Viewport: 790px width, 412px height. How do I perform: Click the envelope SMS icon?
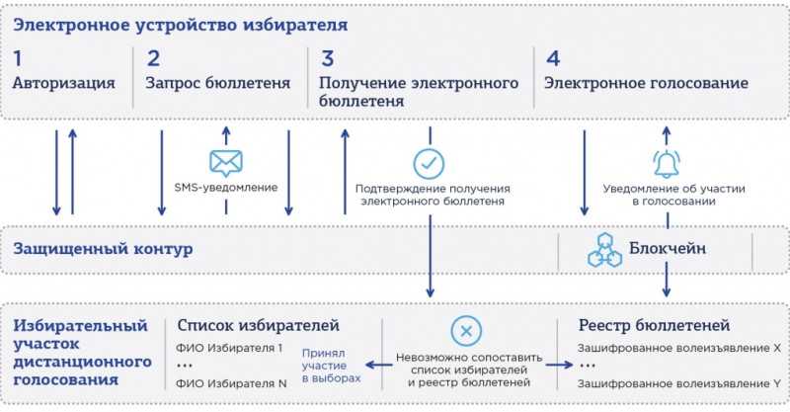coord(226,163)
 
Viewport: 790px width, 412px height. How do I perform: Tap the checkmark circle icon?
coord(429,163)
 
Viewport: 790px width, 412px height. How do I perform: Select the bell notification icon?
coord(667,163)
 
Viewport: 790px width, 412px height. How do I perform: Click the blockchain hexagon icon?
coord(604,250)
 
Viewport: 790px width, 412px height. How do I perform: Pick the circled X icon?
coord(466,331)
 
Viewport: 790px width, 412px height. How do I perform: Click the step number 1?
coord(18,58)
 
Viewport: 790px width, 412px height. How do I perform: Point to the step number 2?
coord(153,58)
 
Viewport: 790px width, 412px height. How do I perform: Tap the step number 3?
coord(328,58)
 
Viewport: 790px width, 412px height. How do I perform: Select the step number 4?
coord(553,58)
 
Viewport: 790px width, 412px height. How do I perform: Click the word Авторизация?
coord(64,83)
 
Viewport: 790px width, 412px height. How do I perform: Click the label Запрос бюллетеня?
coord(218,83)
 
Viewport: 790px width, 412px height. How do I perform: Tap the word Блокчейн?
coord(668,248)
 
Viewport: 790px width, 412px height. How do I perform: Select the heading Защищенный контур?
coord(103,249)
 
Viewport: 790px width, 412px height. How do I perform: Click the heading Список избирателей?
coord(259,325)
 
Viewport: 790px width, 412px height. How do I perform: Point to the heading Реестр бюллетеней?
coord(654,325)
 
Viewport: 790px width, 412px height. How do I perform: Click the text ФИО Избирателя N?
coord(231,383)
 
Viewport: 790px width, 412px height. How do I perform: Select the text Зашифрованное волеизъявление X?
coord(679,348)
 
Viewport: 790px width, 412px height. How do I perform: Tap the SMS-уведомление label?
coord(226,188)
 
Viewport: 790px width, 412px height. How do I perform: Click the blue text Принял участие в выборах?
coord(332,366)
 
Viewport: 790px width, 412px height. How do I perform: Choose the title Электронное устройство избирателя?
coord(181,26)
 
